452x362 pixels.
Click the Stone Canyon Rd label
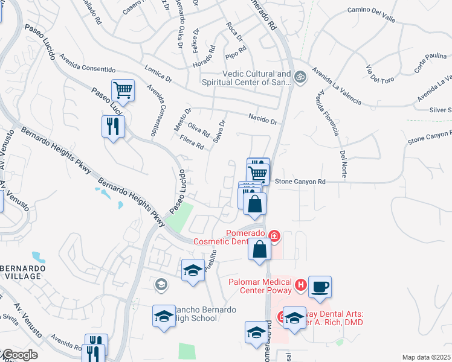click(x=300, y=181)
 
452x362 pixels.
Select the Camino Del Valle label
click(x=371, y=14)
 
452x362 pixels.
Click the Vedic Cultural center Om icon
click(x=300, y=77)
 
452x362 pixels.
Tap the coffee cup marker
click(x=320, y=287)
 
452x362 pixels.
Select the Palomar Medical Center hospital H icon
click(x=300, y=284)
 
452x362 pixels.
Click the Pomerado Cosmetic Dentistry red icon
click(x=274, y=235)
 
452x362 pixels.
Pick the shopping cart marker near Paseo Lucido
click(x=123, y=91)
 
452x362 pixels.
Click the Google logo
click(x=19, y=355)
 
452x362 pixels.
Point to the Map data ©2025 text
click(x=427, y=357)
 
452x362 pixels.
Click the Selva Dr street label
click(x=219, y=131)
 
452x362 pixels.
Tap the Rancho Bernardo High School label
click(x=195, y=314)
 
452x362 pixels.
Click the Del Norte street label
click(x=343, y=164)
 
